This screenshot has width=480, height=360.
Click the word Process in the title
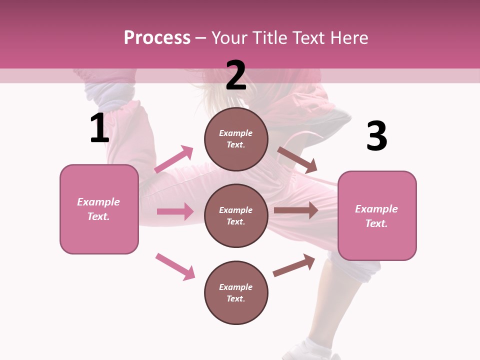pos(157,37)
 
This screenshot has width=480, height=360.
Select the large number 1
pos(99,128)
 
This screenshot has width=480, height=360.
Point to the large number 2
pos(236,76)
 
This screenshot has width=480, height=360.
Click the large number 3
pos(376,136)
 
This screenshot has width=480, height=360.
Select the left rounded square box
pos(99,209)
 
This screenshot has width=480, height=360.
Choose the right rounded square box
pos(377,215)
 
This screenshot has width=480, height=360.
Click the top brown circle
pos(236,139)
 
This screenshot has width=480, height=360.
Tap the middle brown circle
pos(236,215)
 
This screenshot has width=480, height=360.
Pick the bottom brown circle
pos(236,292)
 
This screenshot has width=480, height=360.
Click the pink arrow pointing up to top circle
pos(173,159)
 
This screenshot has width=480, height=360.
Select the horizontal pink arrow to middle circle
pos(175,211)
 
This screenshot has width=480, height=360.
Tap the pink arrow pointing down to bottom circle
pos(175,266)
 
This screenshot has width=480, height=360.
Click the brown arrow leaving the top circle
pos(297,160)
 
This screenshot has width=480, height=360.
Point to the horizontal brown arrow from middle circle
pos(296,210)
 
